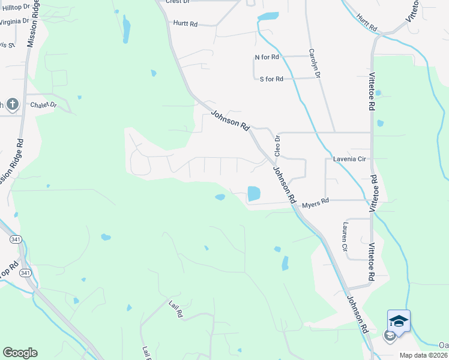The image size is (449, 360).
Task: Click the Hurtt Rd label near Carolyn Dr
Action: (x=185, y=24)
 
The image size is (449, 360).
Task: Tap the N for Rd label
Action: (x=267, y=58)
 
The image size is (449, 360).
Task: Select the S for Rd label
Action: (x=271, y=79)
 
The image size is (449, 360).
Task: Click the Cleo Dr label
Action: (x=277, y=146)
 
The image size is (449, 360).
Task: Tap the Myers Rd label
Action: (x=316, y=203)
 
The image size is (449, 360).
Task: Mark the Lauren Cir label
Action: (x=345, y=236)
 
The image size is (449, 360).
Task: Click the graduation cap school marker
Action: (x=399, y=321)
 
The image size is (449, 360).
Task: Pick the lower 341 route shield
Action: (x=24, y=273)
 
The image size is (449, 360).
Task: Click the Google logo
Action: (x=20, y=353)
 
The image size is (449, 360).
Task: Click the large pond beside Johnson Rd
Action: (x=254, y=193)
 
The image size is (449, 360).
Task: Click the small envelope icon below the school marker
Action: (x=390, y=336)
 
